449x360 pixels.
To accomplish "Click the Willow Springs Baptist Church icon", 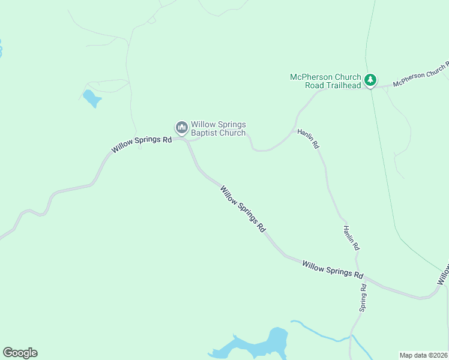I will tap(181, 127).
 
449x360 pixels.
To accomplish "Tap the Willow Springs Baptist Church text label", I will tap(218, 128).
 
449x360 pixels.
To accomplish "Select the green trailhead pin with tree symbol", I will tap(371, 80).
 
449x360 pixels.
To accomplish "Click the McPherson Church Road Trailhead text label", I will tap(325, 81).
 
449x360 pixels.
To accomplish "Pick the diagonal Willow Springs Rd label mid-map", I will tap(243, 208).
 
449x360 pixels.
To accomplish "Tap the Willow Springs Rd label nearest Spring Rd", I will tap(333, 269).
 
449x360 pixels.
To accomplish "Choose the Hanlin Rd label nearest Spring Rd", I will tap(352, 238).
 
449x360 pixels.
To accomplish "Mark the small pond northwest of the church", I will tap(91, 98).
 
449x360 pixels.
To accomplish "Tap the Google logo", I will tap(20, 353).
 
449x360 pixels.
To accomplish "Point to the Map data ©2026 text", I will tap(423, 355).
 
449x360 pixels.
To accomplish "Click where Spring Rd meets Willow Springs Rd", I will tap(359, 275).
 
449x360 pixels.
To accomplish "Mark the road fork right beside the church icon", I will tap(187, 141).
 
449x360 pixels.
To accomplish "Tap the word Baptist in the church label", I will tap(206, 133).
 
